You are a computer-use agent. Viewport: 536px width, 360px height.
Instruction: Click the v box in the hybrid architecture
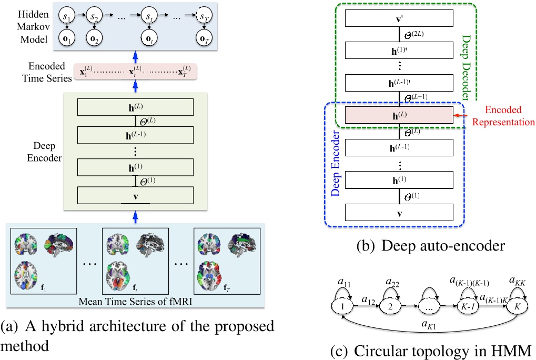[x=135, y=197]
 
